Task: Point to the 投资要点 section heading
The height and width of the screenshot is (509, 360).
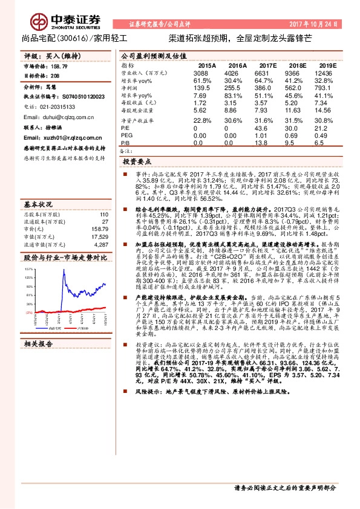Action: [x=136, y=163]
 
